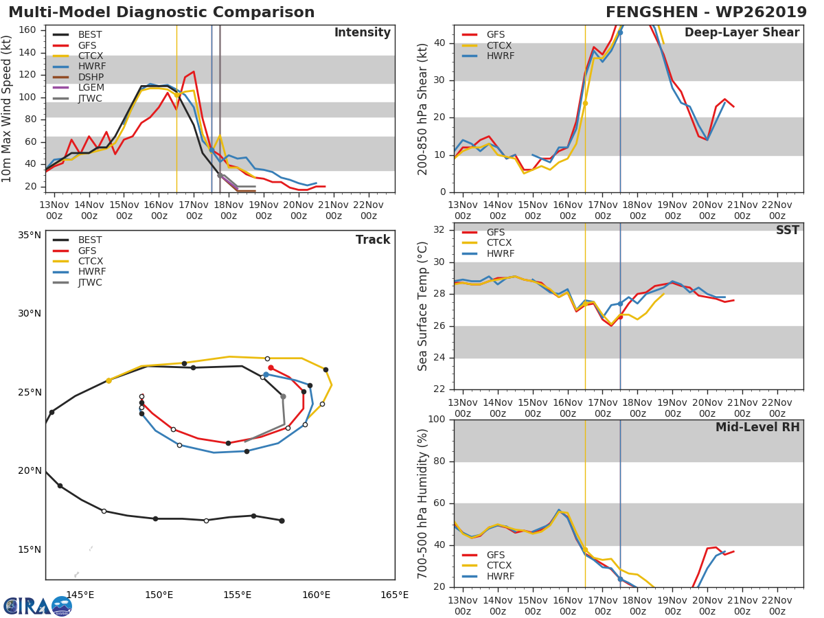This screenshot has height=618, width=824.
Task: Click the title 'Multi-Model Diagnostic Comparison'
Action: (x=161, y=12)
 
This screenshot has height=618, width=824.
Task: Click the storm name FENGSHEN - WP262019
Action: (x=706, y=12)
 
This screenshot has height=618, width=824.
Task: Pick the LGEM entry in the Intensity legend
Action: (x=91, y=88)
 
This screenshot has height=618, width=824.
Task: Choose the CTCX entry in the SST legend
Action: (x=499, y=243)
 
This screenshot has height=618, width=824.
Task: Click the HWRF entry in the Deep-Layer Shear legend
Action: (x=499, y=56)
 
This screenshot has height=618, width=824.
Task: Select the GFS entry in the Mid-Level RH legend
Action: (x=495, y=555)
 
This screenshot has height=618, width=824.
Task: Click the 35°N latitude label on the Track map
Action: (x=29, y=235)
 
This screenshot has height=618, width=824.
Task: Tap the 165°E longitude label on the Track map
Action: (x=394, y=595)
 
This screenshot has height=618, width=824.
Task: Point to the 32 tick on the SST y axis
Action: (x=439, y=230)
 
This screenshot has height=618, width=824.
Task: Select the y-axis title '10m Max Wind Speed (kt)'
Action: (x=8, y=109)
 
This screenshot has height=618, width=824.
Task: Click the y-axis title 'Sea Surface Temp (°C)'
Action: (x=423, y=307)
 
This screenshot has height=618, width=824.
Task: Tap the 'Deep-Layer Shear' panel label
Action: (x=742, y=33)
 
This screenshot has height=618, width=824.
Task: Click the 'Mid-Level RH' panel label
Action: (x=757, y=427)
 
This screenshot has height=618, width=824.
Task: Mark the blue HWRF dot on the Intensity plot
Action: (x=211, y=150)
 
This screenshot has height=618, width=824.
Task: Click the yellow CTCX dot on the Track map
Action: (x=108, y=380)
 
